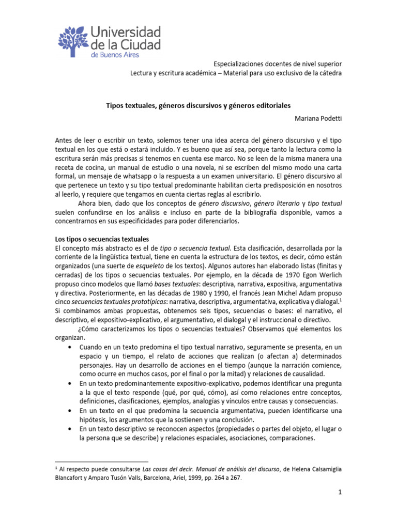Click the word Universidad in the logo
[126, 32]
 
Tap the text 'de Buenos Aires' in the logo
[114, 54]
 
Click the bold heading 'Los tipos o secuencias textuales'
[102, 239]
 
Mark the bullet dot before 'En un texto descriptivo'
[70, 429]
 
